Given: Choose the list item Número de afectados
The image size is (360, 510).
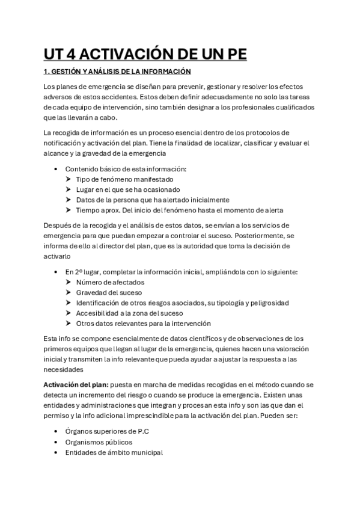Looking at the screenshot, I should click(x=110, y=282).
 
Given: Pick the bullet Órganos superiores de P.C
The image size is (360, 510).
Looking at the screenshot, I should click(x=107, y=431).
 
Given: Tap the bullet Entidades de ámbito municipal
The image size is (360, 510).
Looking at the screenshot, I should click(x=114, y=452).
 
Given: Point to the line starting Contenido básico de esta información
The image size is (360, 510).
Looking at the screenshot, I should click(x=126, y=169).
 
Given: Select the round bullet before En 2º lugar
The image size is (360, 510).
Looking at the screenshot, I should click(x=56, y=272).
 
